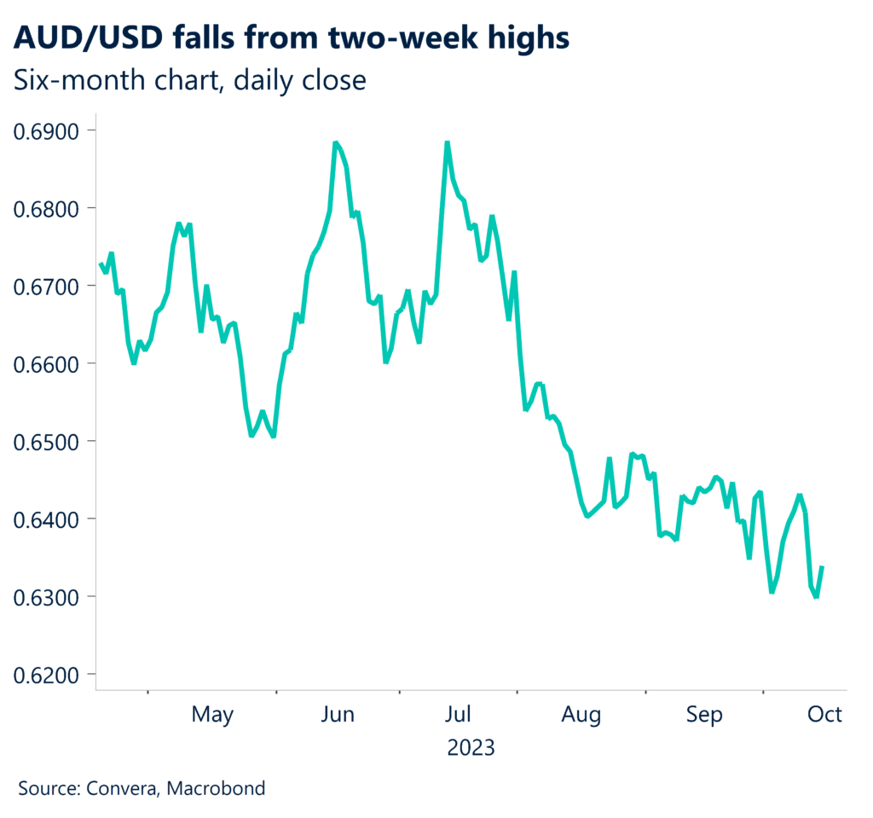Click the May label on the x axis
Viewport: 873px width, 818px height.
[212, 715]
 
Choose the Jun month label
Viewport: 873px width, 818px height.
[338, 715]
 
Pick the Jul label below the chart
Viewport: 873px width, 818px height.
[460, 715]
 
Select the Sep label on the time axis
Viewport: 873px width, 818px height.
[705, 715]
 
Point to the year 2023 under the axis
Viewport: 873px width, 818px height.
[471, 748]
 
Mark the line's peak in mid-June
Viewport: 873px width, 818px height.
[335, 142]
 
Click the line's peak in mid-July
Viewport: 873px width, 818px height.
[447, 142]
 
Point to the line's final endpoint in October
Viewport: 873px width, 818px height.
[822, 567]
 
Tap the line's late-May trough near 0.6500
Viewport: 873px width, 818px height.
[251, 436]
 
